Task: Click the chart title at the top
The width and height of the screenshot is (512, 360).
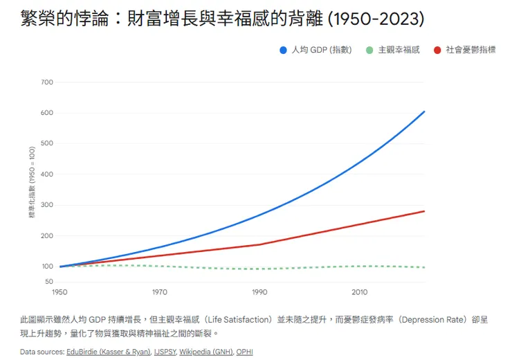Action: point(222,19)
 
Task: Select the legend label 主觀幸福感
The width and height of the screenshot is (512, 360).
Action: point(399,50)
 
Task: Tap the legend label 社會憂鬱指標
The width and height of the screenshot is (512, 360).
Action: point(470,50)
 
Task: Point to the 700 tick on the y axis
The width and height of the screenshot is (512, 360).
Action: point(47,82)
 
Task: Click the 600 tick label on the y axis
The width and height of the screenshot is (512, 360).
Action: point(47,113)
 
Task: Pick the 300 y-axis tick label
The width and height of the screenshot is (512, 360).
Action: point(47,205)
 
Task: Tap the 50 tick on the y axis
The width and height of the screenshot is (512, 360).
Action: point(49,282)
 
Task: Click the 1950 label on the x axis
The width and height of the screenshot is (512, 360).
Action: point(60,292)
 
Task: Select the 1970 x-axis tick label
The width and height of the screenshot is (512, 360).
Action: point(160,292)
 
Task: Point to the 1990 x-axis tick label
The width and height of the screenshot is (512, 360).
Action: point(259,292)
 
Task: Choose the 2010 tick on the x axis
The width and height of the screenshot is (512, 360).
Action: point(360,292)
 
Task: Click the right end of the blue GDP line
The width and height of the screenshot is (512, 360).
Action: point(424,111)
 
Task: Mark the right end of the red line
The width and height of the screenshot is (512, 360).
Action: point(424,211)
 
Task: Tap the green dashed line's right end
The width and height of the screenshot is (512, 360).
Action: point(424,267)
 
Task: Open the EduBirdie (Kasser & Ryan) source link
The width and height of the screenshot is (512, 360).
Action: point(109,352)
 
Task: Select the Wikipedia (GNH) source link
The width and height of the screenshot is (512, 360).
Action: point(205,352)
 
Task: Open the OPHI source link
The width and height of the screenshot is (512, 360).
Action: point(244,352)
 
